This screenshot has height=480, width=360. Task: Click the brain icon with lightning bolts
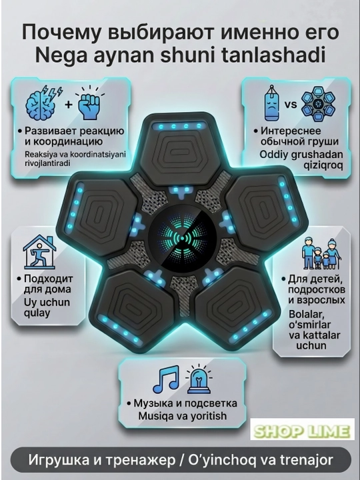pos(43,103)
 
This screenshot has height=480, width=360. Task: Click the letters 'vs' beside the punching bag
pos(291,105)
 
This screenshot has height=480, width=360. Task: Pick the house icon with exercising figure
pos(39,251)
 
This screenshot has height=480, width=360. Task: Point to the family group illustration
pos(321,254)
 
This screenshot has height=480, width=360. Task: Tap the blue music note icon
pos(166,379)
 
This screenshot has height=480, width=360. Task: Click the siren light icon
pos(199,379)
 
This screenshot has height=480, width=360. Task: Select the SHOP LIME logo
pos(302,429)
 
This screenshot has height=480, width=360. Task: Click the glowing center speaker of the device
pos(183,238)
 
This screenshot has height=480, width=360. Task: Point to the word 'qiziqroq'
pos(323,165)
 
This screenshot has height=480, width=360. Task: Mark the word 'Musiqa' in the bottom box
pos(156,416)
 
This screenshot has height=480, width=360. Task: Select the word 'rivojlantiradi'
pos(47,163)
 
